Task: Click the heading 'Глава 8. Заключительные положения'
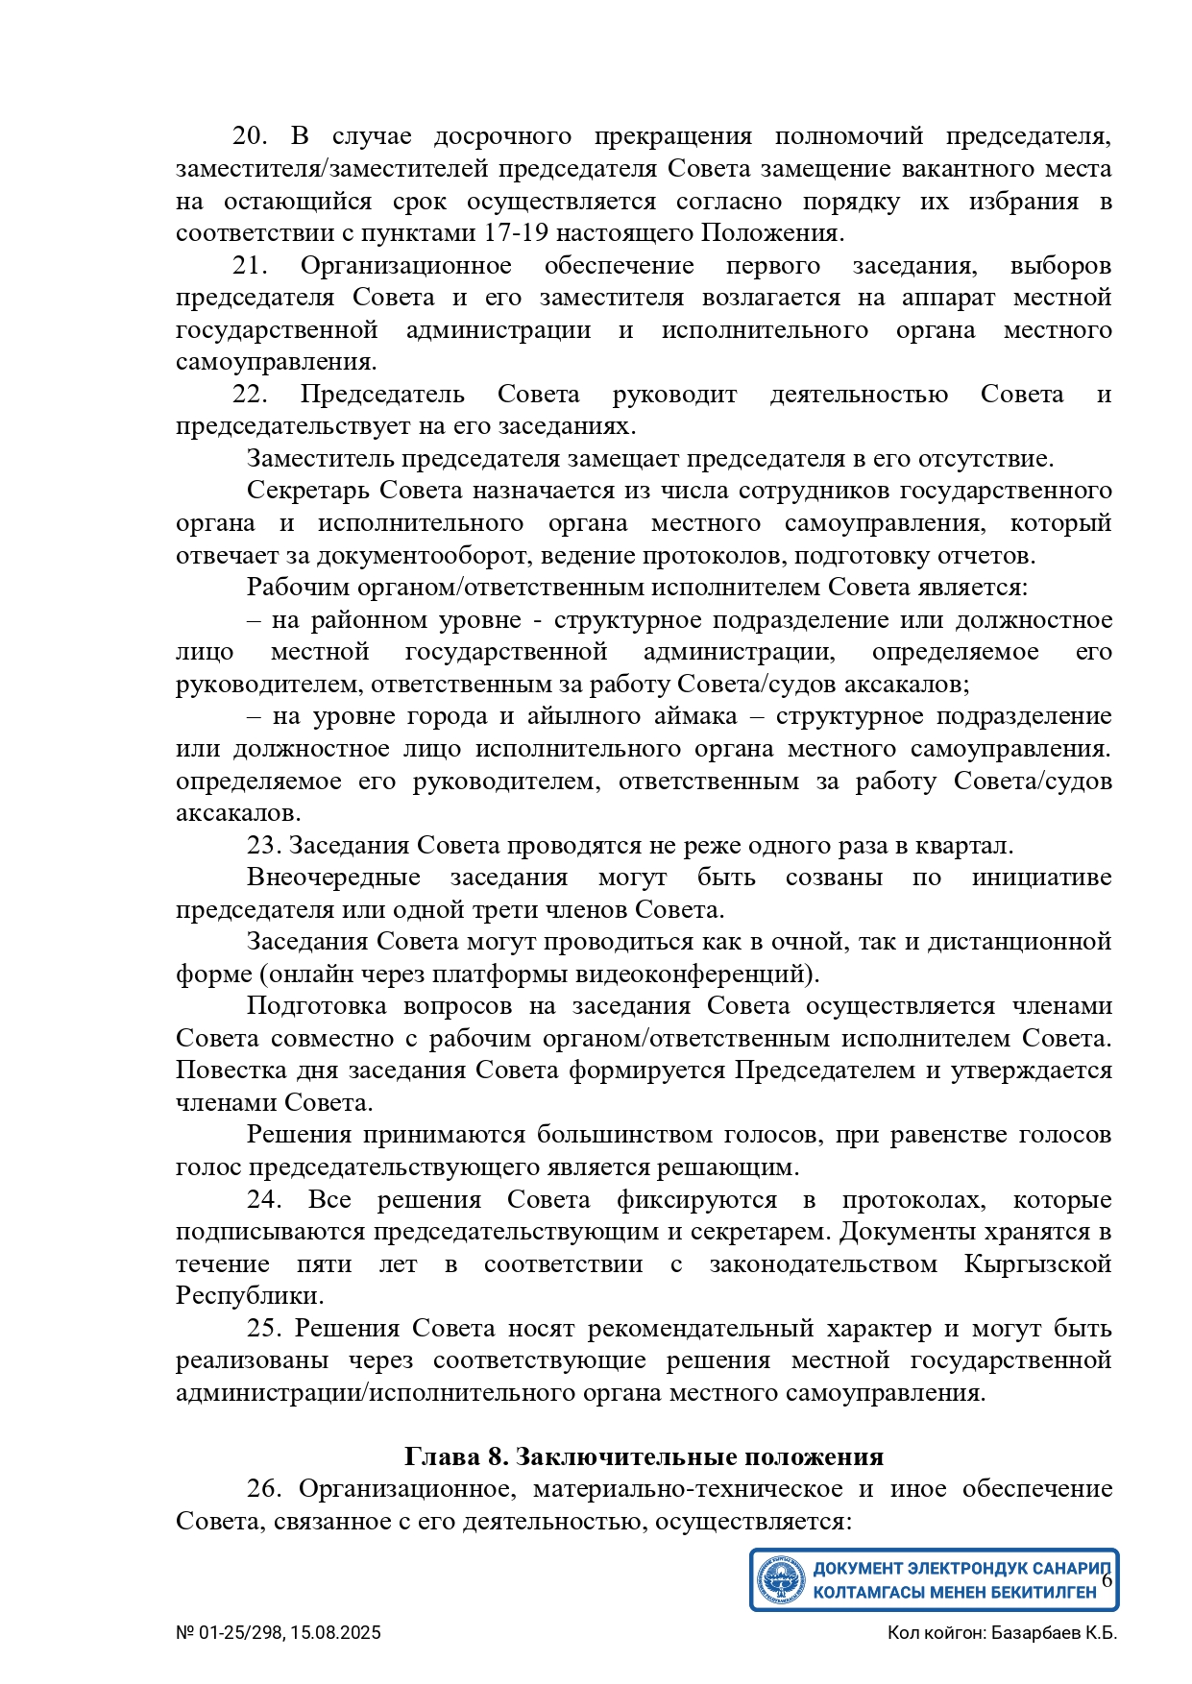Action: [x=644, y=1456]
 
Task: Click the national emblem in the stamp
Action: [x=781, y=1579]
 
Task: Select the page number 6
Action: [x=1107, y=1579]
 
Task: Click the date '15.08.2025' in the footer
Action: [x=336, y=1633]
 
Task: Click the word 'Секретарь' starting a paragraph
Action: [x=308, y=491]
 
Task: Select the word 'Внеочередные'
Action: [x=333, y=878]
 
